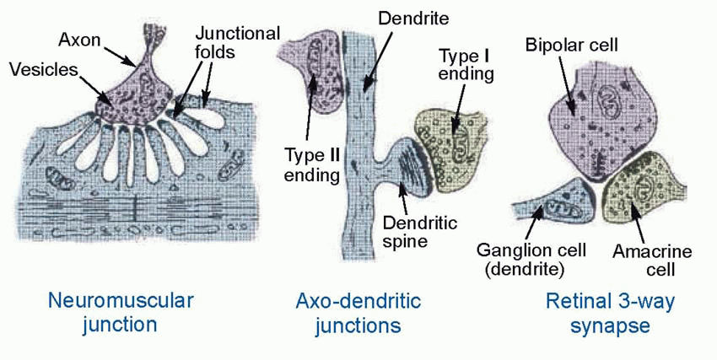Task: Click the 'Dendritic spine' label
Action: pos(419,231)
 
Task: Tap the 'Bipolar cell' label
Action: pos(573,43)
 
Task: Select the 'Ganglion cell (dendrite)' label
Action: pos(519,260)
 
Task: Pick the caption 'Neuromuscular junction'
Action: pos(121,311)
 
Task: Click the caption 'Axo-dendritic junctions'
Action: pos(358,311)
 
